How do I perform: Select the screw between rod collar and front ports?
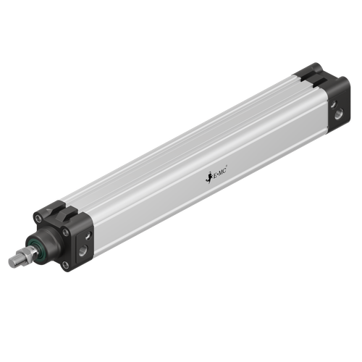[65, 232]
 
